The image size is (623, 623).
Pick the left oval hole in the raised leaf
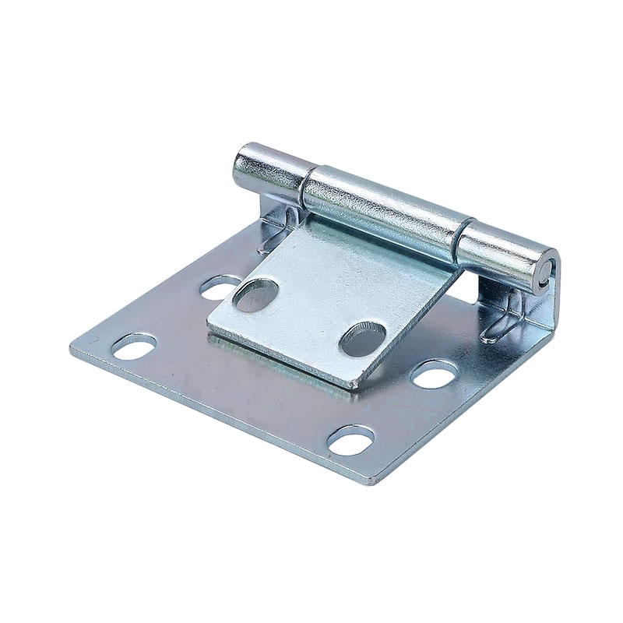(256, 295)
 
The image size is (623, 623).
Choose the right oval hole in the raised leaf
(361, 336)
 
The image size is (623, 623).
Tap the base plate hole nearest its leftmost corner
(133, 345)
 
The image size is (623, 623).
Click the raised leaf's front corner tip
(354, 385)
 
